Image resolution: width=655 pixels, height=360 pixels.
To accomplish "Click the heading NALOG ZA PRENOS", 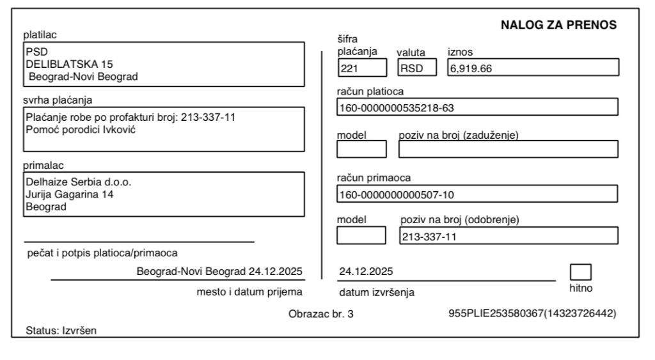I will pos(558,25).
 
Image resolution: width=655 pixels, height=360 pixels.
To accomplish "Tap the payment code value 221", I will pos(348,68).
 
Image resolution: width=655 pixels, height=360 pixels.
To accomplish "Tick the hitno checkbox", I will pos(581,272).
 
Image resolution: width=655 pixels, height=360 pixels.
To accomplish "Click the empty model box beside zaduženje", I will pos(361,149).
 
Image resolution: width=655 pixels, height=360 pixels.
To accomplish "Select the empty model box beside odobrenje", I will pos(361,235).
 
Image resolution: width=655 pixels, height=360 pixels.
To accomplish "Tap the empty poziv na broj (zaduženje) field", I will pos(509,149).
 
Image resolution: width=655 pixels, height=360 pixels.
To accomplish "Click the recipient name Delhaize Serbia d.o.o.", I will pos(77,181).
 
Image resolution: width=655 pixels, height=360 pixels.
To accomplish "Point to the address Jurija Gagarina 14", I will pos(70,194).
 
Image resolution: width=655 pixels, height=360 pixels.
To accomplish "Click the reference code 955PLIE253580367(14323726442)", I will pos(533,314).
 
